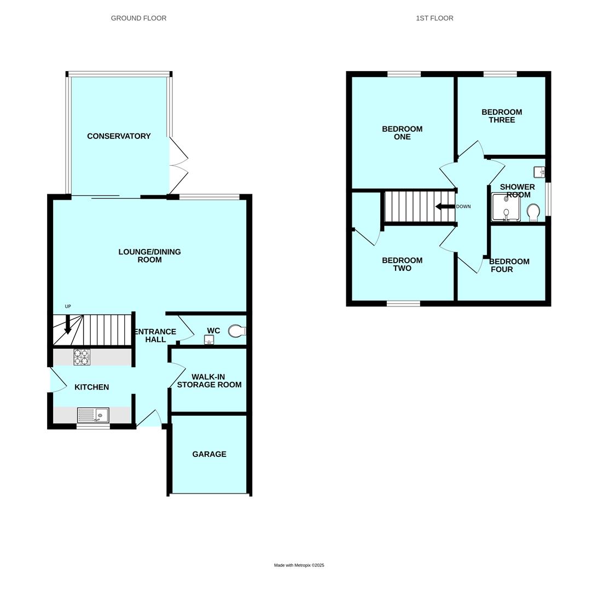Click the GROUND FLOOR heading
[x=138, y=18]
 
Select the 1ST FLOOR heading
[x=434, y=18]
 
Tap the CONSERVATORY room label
[x=119, y=136]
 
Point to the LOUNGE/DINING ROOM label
[x=149, y=256]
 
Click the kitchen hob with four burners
[x=82, y=357]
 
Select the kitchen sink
[x=93, y=415]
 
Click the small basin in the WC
[x=209, y=340]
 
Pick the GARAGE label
[x=209, y=454]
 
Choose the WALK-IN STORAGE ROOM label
[x=209, y=381]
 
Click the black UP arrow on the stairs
[x=68, y=325]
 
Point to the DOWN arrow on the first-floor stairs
[x=445, y=207]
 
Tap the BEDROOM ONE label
[x=402, y=133]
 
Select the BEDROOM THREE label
[x=502, y=116]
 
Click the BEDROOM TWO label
[x=402, y=264]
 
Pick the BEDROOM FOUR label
[x=508, y=265]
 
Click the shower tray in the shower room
[x=506, y=207]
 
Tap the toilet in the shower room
[x=533, y=211]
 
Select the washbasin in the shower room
[x=539, y=172]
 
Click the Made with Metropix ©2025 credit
[x=299, y=565]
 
